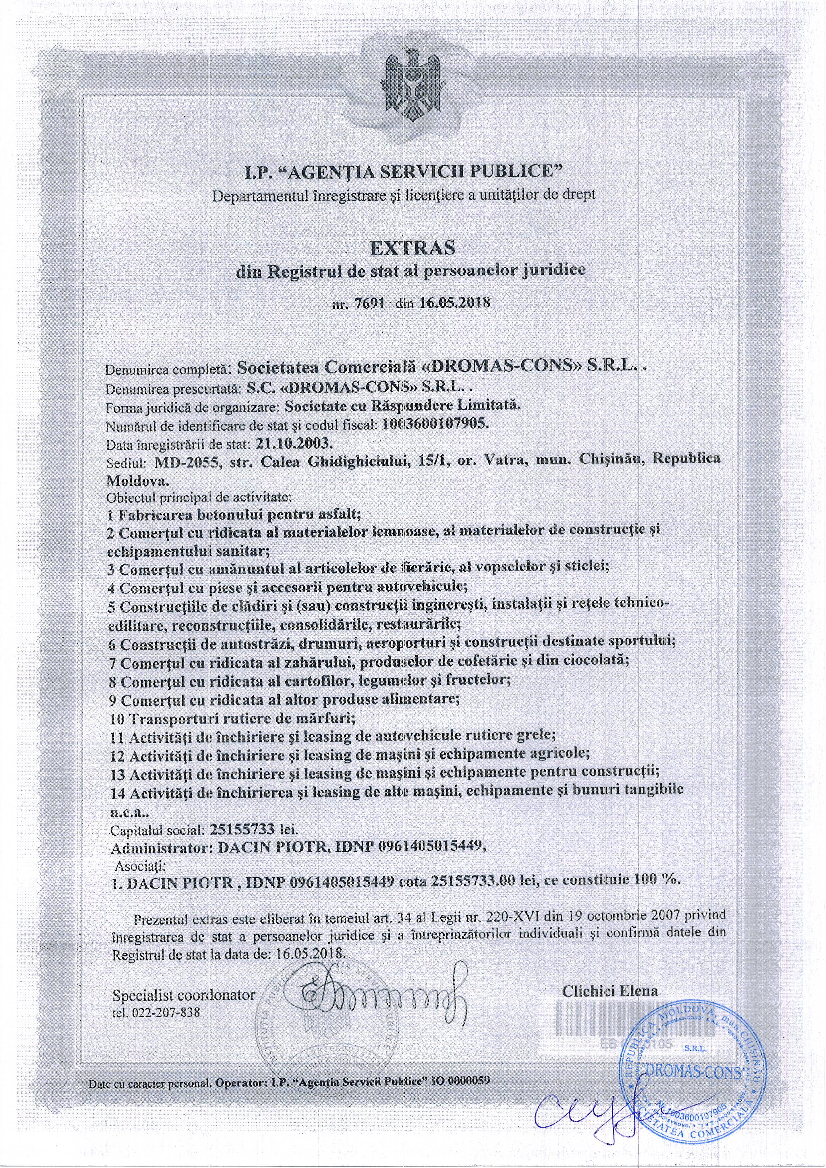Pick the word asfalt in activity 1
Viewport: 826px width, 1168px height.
pos(337,514)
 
